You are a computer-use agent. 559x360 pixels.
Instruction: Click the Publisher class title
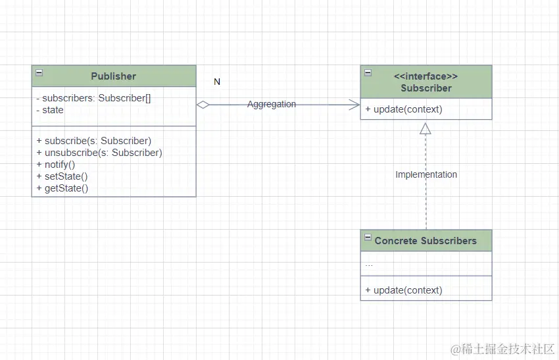tap(113, 76)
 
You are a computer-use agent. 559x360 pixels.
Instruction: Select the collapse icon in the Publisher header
tap(39, 73)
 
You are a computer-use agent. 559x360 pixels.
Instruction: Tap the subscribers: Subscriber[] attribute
tap(93, 98)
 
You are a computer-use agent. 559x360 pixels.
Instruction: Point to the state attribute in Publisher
tap(50, 110)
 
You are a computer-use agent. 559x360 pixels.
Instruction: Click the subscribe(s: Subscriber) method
tap(94, 141)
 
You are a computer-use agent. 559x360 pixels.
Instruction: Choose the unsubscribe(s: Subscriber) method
tap(99, 153)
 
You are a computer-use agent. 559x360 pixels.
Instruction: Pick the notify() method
tap(56, 165)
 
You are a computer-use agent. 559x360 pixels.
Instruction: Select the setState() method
tap(62, 176)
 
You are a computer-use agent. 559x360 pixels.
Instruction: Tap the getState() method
tap(62, 188)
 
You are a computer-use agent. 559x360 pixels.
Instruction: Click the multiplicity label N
tap(217, 82)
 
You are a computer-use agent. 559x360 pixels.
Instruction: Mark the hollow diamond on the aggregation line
tap(203, 105)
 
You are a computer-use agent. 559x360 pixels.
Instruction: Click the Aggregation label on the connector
tap(272, 104)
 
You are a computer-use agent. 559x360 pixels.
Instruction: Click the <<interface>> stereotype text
tap(425, 76)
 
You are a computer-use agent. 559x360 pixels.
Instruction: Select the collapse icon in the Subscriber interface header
tap(368, 73)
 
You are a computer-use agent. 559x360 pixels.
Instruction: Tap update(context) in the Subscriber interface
tap(404, 109)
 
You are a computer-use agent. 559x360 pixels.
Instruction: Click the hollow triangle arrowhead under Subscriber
tap(425, 128)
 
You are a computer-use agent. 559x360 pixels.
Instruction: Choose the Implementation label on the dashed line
tap(426, 174)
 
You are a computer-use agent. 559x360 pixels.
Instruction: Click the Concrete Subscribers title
tap(425, 241)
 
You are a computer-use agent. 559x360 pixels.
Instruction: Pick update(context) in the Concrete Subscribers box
tap(404, 290)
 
